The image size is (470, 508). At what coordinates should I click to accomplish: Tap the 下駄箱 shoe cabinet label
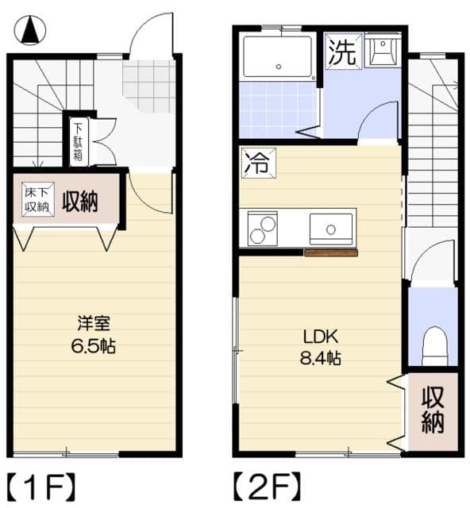[x=77, y=140]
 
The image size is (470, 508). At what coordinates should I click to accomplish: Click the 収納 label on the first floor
[x=80, y=202]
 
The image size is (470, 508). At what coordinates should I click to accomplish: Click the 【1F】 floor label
[x=41, y=484]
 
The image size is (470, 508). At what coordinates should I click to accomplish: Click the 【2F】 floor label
[x=266, y=484]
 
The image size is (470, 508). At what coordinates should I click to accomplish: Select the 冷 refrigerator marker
[x=257, y=164]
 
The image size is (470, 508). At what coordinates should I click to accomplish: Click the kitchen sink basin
[x=330, y=228]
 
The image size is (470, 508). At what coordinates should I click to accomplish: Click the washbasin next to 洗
[x=383, y=52]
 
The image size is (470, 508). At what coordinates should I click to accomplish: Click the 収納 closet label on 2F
[x=433, y=410]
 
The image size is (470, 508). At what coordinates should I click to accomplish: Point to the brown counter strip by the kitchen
[x=330, y=253]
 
